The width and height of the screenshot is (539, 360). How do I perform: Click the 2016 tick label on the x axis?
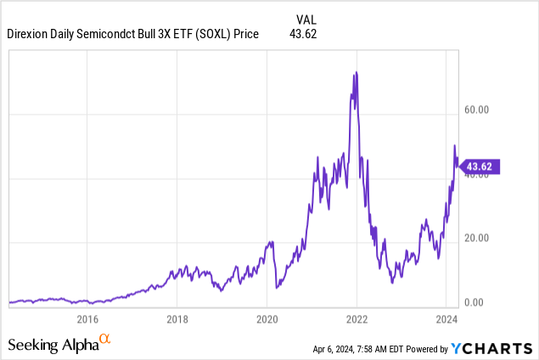(x=87, y=319)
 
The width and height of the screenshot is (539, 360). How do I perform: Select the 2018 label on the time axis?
(x=177, y=319)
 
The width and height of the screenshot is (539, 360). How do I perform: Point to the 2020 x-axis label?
(x=267, y=319)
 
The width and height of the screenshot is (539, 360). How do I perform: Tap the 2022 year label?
(x=357, y=319)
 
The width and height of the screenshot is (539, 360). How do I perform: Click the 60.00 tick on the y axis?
(x=477, y=110)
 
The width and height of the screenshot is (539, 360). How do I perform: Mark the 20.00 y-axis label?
(x=477, y=238)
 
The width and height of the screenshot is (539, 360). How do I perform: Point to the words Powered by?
(x=426, y=349)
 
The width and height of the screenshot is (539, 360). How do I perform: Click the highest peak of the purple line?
(x=356, y=72)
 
